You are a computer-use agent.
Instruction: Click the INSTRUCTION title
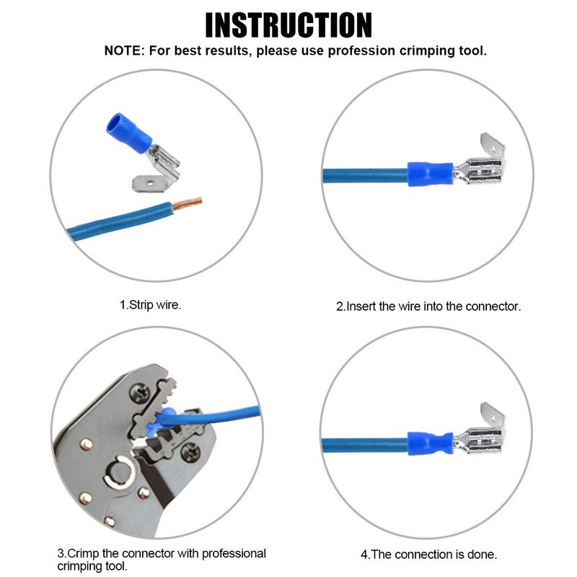pos(288,25)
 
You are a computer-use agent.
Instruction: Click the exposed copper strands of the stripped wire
pos(188,203)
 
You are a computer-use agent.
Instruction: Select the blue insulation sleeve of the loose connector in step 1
pos(129,133)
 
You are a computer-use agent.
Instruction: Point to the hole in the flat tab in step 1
pos(150,182)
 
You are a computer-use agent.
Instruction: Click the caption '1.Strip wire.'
pos(151,304)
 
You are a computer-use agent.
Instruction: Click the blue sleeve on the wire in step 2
pos(430,174)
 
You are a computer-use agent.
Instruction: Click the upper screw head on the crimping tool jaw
pos(140,393)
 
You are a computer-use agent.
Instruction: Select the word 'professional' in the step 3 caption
pos(234,553)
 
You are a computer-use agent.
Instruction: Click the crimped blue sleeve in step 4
pos(430,443)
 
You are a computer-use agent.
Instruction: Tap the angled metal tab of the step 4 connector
pos(493,416)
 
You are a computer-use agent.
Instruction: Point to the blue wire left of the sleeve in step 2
pos(365,176)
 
